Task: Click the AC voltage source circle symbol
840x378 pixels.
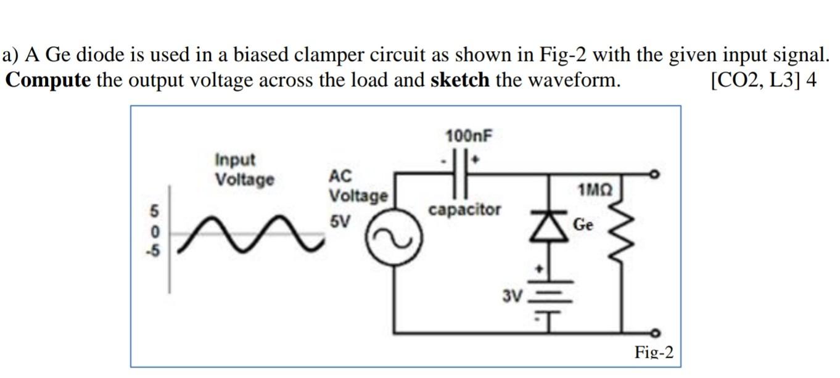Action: (x=393, y=242)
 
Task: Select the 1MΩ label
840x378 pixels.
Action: (x=595, y=189)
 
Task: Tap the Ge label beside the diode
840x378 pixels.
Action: (x=583, y=224)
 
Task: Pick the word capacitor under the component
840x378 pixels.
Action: (x=465, y=210)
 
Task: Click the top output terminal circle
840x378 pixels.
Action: (x=658, y=175)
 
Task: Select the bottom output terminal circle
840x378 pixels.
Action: (x=658, y=334)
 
